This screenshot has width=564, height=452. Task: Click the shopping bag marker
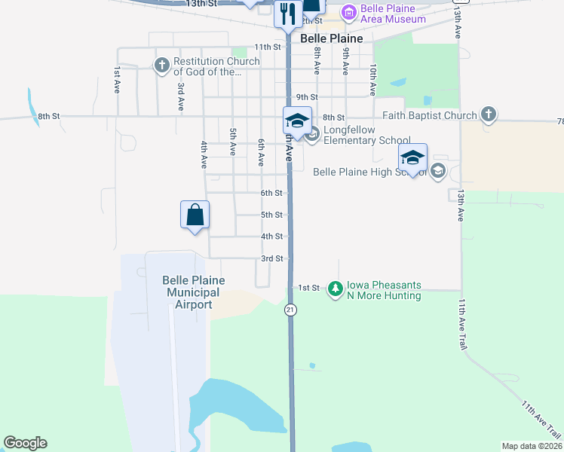click(195, 215)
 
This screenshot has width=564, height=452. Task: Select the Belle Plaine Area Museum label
click(388, 14)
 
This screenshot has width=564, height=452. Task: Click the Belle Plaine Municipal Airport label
click(194, 292)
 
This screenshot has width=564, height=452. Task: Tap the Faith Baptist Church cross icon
click(489, 115)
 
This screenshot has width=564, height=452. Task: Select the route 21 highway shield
click(290, 310)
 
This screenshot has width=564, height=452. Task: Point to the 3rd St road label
click(271, 258)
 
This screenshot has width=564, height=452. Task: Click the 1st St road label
click(309, 288)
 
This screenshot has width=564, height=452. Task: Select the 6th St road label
click(271, 193)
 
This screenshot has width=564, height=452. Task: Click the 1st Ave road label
click(118, 75)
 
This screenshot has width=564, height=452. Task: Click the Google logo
click(25, 443)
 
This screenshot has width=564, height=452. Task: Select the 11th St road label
click(267, 47)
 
